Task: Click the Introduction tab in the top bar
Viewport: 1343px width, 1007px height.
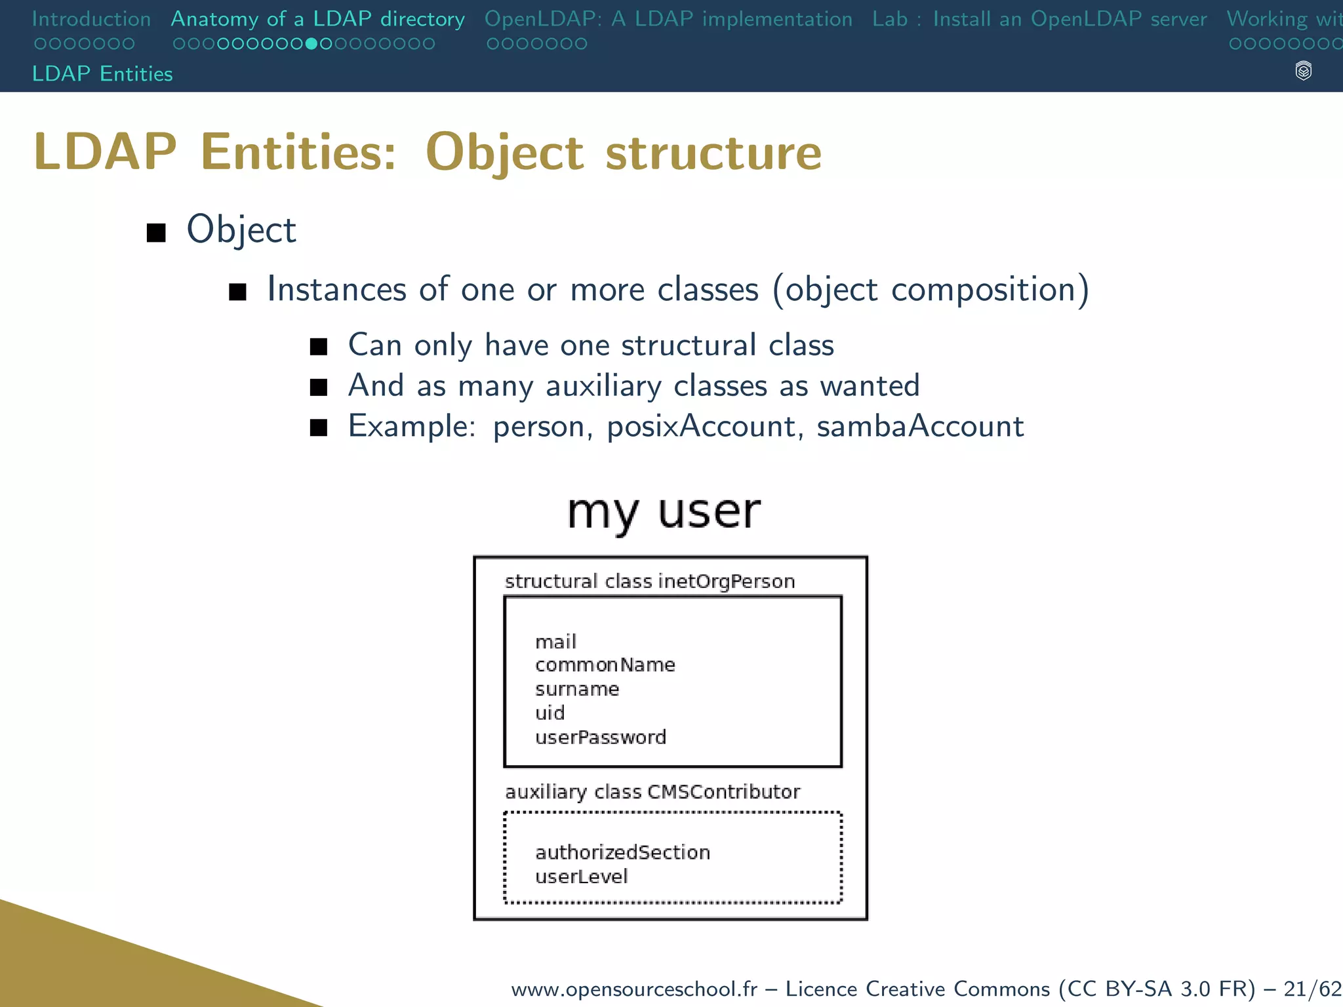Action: pyautogui.click(x=91, y=19)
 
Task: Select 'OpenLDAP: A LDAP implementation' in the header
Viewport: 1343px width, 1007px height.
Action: pyautogui.click(x=668, y=19)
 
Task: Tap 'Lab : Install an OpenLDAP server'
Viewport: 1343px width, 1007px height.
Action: pyautogui.click(x=1039, y=19)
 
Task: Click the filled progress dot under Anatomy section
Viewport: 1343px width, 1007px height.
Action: pyautogui.click(x=312, y=44)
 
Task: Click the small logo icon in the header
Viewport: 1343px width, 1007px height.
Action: pyautogui.click(x=1303, y=71)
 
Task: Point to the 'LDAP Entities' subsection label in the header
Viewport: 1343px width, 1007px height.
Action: pyautogui.click(x=102, y=73)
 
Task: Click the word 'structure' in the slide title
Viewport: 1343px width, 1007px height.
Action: pyautogui.click(x=713, y=152)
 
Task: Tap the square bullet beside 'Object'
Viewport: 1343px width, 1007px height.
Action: pyautogui.click(x=156, y=232)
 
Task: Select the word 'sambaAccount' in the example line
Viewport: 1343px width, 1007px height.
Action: pyautogui.click(x=919, y=426)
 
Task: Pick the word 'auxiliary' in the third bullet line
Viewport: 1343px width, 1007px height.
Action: pyautogui.click(x=603, y=385)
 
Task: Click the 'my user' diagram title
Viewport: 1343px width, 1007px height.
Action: pyautogui.click(x=664, y=511)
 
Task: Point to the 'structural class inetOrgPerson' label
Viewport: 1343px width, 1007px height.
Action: pyautogui.click(x=649, y=582)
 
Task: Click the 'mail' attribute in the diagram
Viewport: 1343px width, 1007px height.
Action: pyautogui.click(x=555, y=641)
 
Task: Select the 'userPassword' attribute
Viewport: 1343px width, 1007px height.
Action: pyautogui.click(x=600, y=737)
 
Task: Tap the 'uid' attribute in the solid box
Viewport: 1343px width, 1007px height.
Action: pyautogui.click(x=550, y=713)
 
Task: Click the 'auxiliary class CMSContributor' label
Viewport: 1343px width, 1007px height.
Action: pyautogui.click(x=652, y=792)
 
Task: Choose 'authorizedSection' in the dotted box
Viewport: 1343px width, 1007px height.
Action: pyautogui.click(x=622, y=852)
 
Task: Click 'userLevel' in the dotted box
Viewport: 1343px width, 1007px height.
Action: pyautogui.click(x=581, y=877)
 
